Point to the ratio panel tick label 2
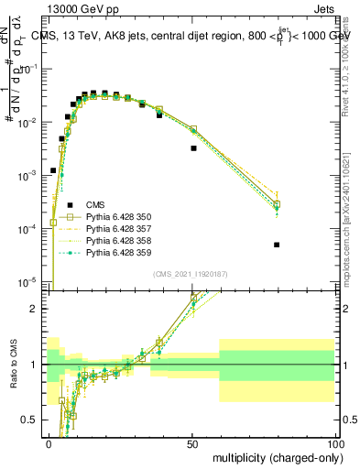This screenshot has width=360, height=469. point(33,309)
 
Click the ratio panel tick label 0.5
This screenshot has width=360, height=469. point(28,420)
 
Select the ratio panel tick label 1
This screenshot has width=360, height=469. point(33,365)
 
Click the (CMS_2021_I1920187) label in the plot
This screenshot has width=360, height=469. point(191,274)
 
